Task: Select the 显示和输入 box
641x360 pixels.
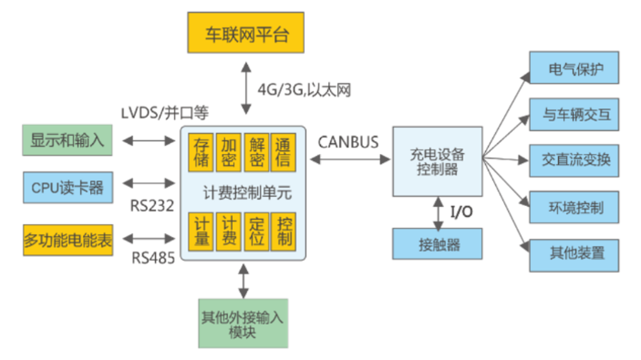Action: [x=67, y=140]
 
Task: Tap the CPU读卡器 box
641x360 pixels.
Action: [x=67, y=188]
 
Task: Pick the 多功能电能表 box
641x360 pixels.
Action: [x=67, y=241]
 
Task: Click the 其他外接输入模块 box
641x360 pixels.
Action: [x=243, y=325]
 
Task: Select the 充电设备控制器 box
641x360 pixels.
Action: [x=437, y=161]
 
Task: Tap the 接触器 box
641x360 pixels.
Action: [x=437, y=244]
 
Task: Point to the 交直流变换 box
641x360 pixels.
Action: [x=574, y=160]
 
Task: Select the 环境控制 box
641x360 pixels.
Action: [x=574, y=207]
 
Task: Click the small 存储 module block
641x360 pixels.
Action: [x=201, y=152]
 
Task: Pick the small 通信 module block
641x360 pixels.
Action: [x=282, y=152]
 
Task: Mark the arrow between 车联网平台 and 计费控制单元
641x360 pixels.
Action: [x=245, y=88]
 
